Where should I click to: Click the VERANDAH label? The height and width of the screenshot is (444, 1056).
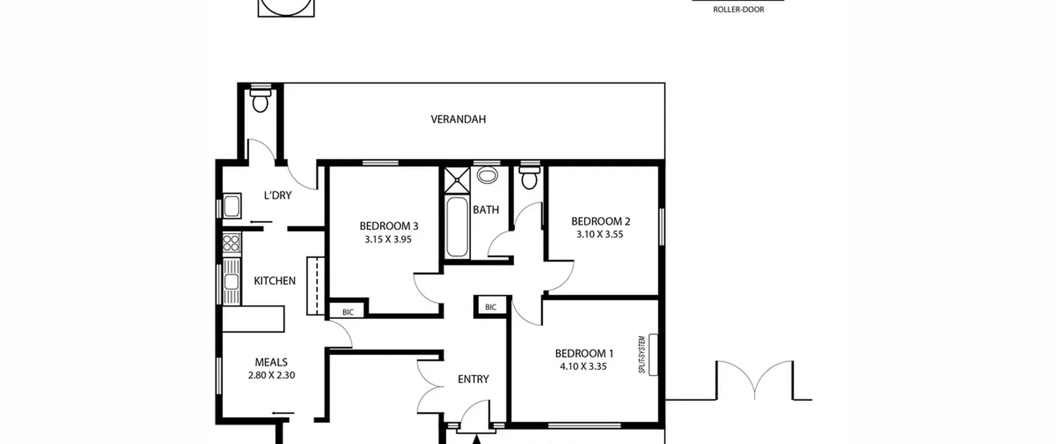coord(458,119)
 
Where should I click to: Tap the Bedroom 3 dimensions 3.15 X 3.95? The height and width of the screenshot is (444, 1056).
coord(388,240)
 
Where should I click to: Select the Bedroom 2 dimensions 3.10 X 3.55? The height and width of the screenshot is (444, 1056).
coord(600,234)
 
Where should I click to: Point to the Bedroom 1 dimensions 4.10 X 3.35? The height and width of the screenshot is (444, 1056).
coord(583,366)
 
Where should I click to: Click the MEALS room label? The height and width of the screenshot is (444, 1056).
coord(271,362)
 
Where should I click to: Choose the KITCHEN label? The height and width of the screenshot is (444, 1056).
coord(275,281)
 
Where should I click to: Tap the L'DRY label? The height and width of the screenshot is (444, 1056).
coord(278,195)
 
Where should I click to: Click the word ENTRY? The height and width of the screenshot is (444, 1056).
coord(474,379)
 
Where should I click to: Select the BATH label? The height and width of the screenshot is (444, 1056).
coord(486,210)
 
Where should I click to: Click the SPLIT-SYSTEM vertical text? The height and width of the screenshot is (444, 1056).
coord(642,355)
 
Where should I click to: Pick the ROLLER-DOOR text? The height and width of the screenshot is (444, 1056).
coord(738,9)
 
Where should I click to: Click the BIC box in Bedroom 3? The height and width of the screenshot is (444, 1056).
coord(347,312)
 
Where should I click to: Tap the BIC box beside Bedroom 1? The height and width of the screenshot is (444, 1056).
coord(491,307)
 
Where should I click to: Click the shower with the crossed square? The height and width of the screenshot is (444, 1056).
coord(457,180)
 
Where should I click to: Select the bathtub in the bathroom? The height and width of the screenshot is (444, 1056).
coord(457,227)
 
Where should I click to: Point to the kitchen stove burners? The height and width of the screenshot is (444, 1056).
coord(231,242)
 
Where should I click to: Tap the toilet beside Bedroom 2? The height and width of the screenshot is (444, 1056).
coord(529,178)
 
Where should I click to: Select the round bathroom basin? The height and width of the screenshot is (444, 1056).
coord(487,175)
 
